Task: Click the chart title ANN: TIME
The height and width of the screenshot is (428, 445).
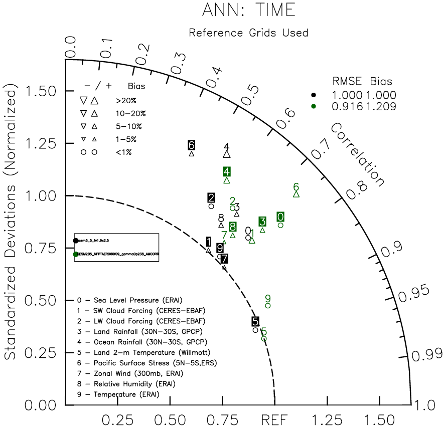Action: pyautogui.click(x=248, y=10)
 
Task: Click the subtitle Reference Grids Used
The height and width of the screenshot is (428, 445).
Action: pyautogui.click(x=248, y=33)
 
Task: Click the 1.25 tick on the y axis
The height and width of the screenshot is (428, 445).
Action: pyautogui.click(x=41, y=144)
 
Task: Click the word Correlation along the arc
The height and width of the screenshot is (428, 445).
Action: pyautogui.click(x=357, y=153)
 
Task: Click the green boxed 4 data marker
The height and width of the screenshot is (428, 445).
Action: pyautogui.click(x=227, y=172)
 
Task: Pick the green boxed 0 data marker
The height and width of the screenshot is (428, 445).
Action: pyautogui.click(x=281, y=217)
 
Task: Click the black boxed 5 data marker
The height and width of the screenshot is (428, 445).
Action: pyautogui.click(x=255, y=321)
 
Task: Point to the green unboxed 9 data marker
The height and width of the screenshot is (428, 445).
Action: pyautogui.click(x=268, y=299)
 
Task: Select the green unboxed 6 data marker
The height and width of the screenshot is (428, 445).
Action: pyautogui.click(x=296, y=187)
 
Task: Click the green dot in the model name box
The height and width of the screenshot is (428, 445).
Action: pyautogui.click(x=76, y=254)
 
